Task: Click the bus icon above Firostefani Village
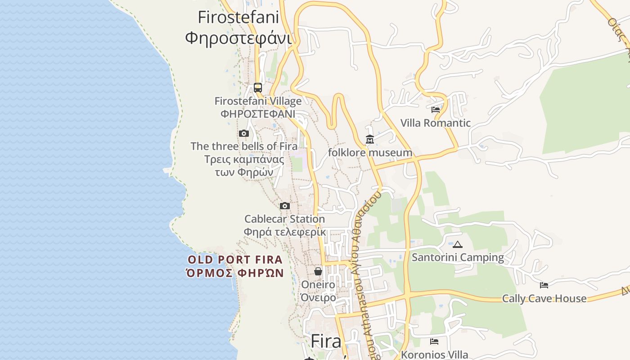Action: tap(258, 88)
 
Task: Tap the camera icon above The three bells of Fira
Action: tap(244, 133)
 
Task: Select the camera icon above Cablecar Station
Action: tap(285, 206)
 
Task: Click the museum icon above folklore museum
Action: tap(370, 139)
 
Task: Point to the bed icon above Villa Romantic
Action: tap(435, 109)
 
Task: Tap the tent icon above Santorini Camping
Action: tap(458, 244)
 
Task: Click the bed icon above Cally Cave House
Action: tap(544, 285)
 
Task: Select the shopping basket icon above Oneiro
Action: tap(318, 271)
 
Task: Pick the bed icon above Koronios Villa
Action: tap(434, 342)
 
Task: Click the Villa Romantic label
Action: tap(435, 123)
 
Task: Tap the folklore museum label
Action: tap(370, 153)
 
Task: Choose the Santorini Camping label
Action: tap(458, 257)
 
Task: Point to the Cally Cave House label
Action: tap(544, 298)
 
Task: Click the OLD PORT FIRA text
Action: tap(235, 260)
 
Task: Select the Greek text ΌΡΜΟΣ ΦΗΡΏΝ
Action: tap(235, 273)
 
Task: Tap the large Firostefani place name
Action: tap(238, 18)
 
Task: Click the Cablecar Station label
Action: tap(284, 219)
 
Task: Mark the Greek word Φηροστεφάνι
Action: tap(238, 38)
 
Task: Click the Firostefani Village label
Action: tap(258, 101)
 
